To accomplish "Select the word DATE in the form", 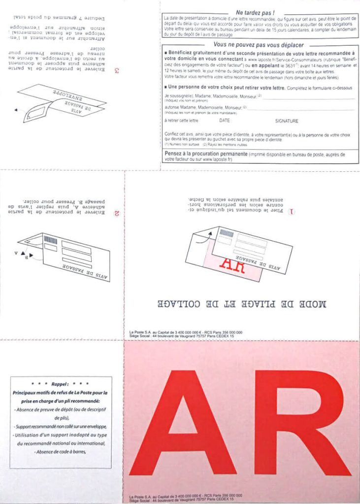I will click(225, 121).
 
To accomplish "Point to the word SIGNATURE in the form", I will click(287, 121).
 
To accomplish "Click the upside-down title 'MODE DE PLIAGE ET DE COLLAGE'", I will click(241, 304).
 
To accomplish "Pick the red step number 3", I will click(116, 70).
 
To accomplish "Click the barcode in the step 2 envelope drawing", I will click(50, 240).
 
